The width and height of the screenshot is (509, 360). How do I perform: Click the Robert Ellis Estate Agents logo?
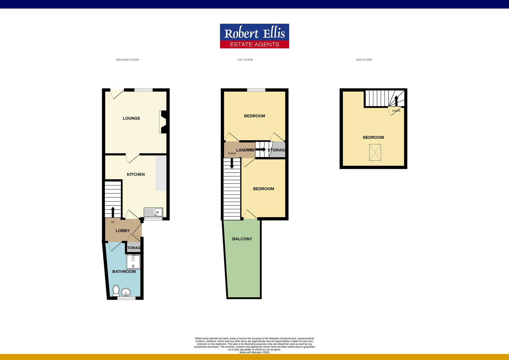click(254, 36)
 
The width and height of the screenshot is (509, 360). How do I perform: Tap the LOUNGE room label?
click(131, 118)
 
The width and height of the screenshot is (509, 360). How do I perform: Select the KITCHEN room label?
click(136, 174)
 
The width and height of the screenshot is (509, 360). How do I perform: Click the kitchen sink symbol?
click(153, 212)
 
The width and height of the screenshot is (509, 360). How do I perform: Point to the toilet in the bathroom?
click(116, 290)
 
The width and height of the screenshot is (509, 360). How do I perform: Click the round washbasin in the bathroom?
click(126, 292)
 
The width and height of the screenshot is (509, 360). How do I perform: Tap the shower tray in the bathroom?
click(133, 262)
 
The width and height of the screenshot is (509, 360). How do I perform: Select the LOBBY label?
click(123, 231)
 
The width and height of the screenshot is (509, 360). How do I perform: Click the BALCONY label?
click(242, 239)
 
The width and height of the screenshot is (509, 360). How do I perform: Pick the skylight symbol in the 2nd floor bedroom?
click(375, 153)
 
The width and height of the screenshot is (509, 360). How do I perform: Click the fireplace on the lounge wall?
click(163, 122)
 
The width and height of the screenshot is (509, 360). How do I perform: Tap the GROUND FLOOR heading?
click(127, 60)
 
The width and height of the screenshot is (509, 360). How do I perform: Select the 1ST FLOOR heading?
click(245, 60)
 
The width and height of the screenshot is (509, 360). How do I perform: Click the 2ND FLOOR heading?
click(364, 60)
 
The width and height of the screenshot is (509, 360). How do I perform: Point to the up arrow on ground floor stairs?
click(113, 212)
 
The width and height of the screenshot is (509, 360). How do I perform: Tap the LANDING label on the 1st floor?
click(245, 150)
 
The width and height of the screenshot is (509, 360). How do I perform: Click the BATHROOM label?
click(124, 272)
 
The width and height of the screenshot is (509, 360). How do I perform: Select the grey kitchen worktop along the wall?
click(161, 173)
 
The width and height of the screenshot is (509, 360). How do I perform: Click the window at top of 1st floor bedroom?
click(256, 90)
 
